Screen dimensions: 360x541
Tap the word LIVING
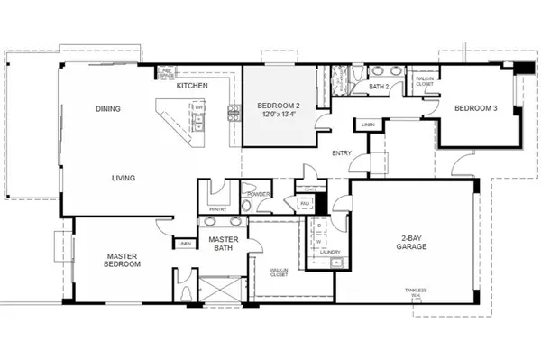click(x=124, y=178)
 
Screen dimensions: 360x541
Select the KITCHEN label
click(x=192, y=85)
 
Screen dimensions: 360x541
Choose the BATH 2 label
click(x=379, y=87)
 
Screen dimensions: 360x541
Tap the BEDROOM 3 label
click(x=474, y=109)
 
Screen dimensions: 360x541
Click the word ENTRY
click(x=342, y=152)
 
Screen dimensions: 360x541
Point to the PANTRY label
click(x=217, y=209)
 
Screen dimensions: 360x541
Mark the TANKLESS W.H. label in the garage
click(x=416, y=292)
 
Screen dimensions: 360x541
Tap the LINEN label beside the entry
click(x=368, y=125)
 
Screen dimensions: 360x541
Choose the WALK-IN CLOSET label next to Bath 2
click(x=424, y=81)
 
